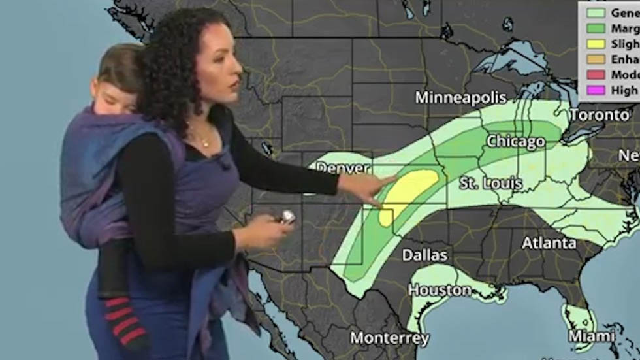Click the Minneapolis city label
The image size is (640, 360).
point(461,98)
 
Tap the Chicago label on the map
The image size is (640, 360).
point(515,141)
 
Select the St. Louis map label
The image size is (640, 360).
point(490,183)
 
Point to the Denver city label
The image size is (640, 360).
point(343,169)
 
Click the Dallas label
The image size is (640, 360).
point(424,254)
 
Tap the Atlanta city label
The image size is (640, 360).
point(549,243)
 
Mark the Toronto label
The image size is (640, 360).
point(600,115)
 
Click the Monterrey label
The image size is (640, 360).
point(390,338)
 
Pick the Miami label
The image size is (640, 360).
point(590,336)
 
